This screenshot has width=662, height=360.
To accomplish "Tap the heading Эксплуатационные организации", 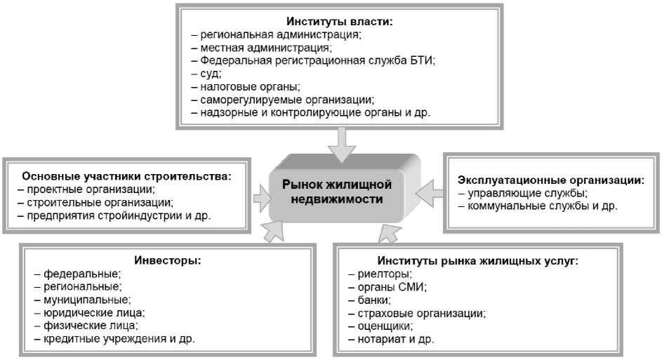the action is coord(551,180).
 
